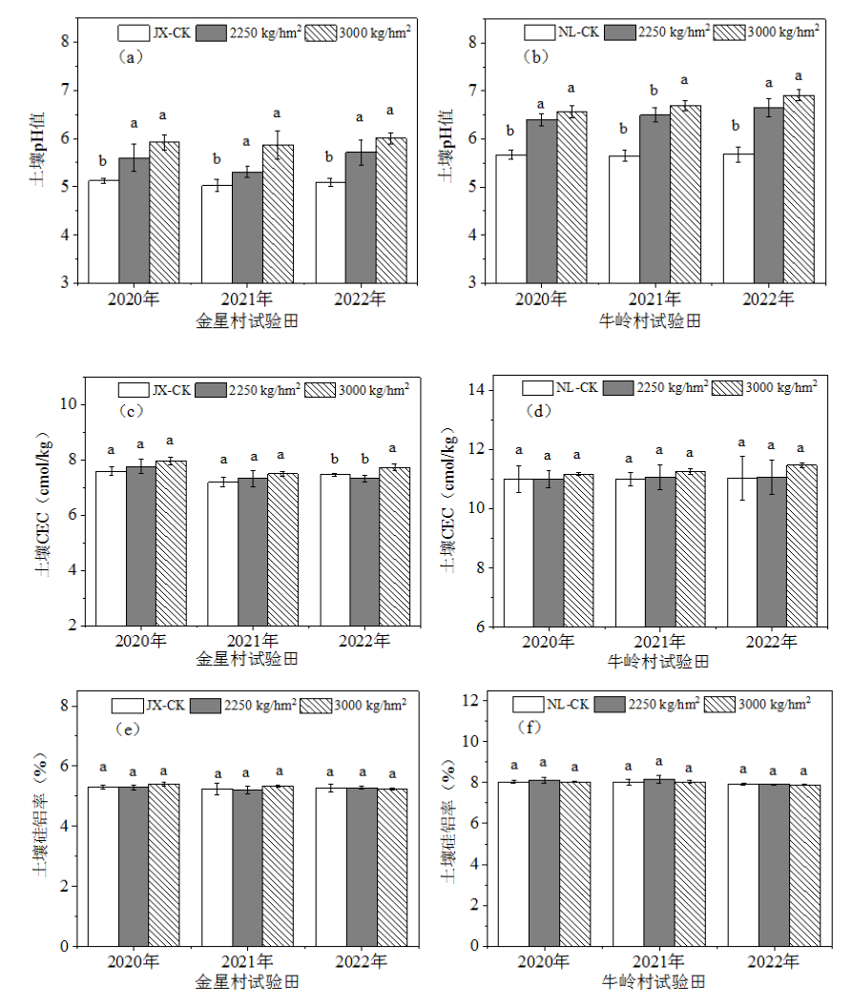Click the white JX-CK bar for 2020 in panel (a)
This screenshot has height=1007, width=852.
[x=103, y=232]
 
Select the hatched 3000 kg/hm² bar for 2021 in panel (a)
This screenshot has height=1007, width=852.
[x=279, y=214]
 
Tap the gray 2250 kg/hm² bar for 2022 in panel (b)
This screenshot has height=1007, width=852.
[x=769, y=195]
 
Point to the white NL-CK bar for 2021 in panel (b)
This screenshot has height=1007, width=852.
[x=624, y=219]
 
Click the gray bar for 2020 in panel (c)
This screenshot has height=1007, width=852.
[x=140, y=545]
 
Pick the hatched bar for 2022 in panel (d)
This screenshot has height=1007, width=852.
[x=801, y=545]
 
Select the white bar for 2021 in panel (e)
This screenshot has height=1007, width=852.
[x=218, y=868]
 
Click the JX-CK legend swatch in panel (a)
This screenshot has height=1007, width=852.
[x=134, y=32]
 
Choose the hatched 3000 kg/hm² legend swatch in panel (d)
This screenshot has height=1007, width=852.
[x=727, y=388]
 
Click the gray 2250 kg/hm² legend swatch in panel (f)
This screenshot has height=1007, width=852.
[x=610, y=705]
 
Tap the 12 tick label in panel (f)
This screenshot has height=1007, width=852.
[x=470, y=700]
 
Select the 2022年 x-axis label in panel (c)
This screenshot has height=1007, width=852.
[x=364, y=641]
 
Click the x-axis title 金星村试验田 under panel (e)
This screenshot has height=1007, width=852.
[x=247, y=982]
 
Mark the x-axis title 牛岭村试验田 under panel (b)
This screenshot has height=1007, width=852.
[x=650, y=321]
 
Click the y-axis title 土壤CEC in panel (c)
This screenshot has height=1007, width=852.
[x=42, y=503]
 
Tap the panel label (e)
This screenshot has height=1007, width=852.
[x=127, y=730]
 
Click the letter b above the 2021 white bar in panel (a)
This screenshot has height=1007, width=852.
[x=217, y=159]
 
